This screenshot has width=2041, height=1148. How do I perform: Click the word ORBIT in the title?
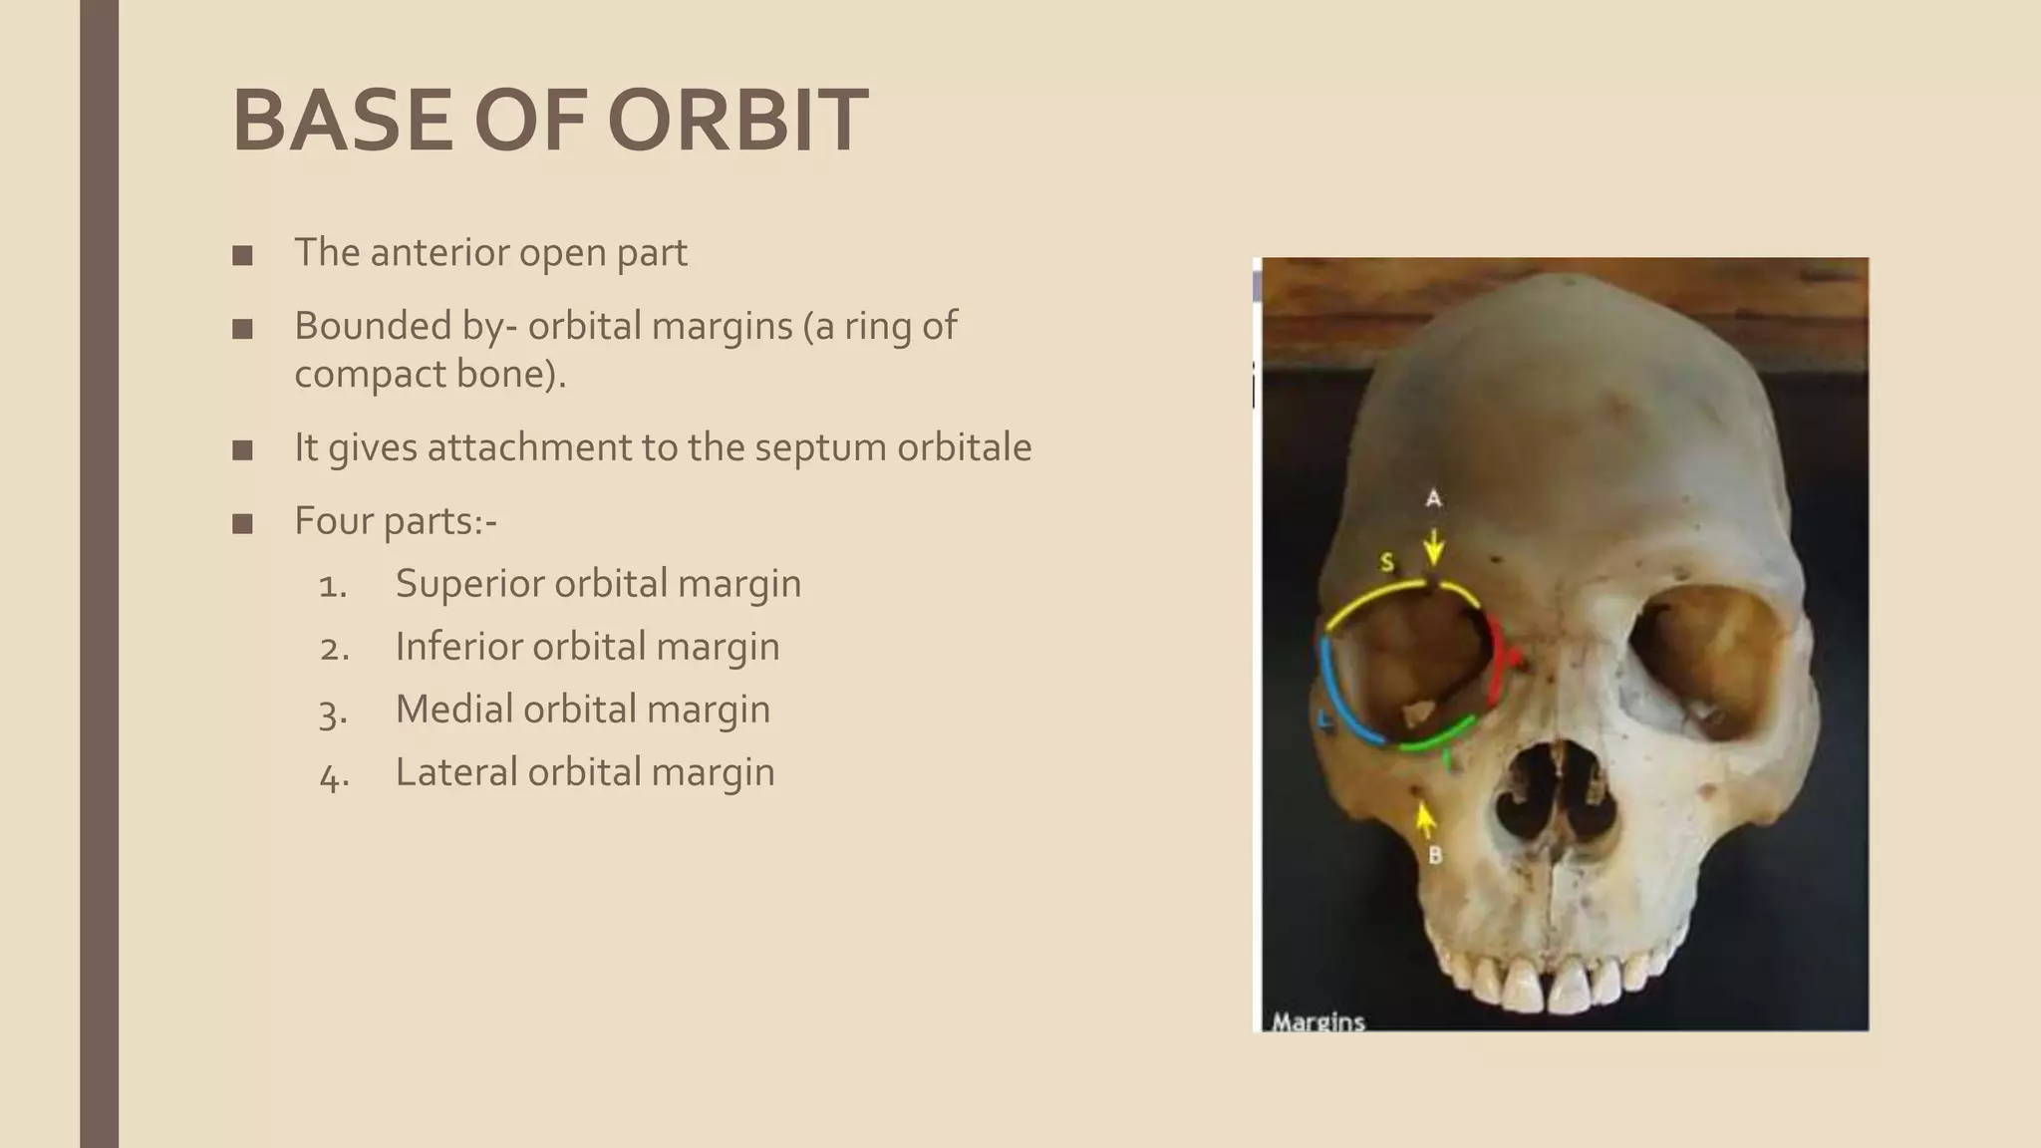pyautogui.click(x=737, y=122)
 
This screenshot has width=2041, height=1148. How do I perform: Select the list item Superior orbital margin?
pyautogui.click(x=598, y=584)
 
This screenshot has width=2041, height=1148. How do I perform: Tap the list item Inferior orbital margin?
pyautogui.click(x=587, y=647)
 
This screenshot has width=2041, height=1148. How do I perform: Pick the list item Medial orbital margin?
pyautogui.click(x=582, y=710)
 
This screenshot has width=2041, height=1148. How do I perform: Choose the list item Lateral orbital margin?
pyautogui.click(x=584, y=772)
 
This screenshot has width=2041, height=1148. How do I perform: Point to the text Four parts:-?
pyautogui.click(x=395, y=520)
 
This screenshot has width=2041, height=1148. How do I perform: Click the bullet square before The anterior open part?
pyautogui.click(x=242, y=256)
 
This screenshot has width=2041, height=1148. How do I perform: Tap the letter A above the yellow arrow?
pyautogui.click(x=1433, y=497)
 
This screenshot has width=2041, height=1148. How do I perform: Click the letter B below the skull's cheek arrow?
pyautogui.click(x=1435, y=854)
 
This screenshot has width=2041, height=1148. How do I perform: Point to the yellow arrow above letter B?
pyautogui.click(x=1426, y=818)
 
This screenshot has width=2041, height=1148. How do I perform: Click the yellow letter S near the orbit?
pyautogui.click(x=1386, y=563)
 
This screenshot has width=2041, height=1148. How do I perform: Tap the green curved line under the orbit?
pyautogui.click(x=1435, y=736)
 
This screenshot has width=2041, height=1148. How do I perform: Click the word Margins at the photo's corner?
pyautogui.click(x=1317, y=1021)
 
